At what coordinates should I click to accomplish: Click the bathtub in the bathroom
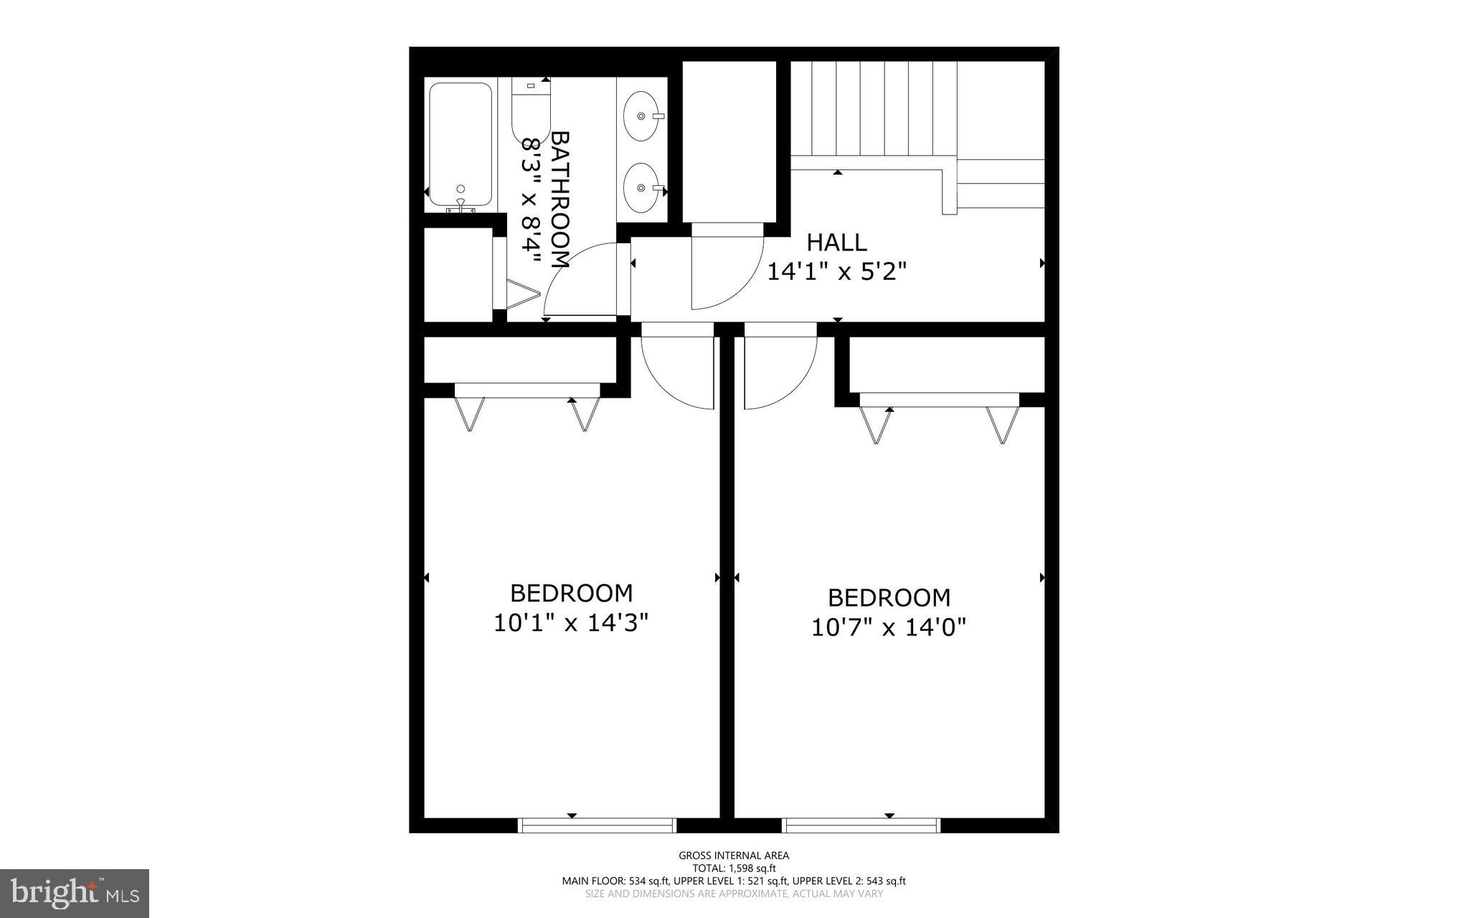coord(460,145)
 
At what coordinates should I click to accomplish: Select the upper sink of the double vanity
coord(641,116)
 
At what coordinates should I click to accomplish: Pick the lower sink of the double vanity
coord(641,188)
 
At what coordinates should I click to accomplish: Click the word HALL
coord(836,243)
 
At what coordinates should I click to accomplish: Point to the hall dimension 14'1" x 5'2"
coord(837,272)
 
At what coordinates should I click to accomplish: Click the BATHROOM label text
coord(559,200)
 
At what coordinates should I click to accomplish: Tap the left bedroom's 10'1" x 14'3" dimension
coord(571,622)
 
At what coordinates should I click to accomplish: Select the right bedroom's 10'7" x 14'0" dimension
coord(889,627)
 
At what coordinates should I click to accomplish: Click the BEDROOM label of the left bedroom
coord(571,593)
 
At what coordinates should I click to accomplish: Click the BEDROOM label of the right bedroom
coord(889,597)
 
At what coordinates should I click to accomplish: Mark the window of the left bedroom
coord(597,825)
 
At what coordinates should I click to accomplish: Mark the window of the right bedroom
coord(861,825)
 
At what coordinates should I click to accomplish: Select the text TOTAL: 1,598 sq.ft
coord(734,868)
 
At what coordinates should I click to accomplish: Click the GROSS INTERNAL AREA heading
coord(734,855)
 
